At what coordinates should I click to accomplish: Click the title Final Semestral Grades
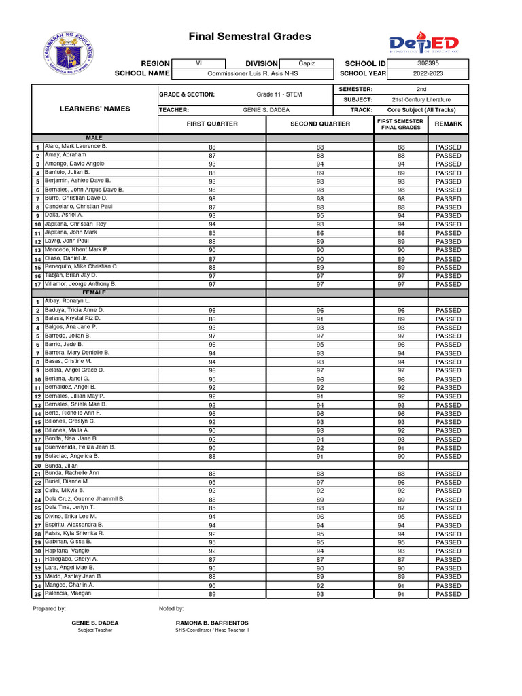[x=249, y=37]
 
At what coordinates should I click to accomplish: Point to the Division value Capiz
[x=307, y=63]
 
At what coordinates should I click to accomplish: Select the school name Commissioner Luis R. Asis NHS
[x=252, y=73]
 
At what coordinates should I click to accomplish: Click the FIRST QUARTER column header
[x=212, y=124]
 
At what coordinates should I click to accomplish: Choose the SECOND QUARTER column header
[x=320, y=124]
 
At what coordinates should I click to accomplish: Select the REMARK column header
[x=448, y=124]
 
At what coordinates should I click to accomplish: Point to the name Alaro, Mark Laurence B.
[x=75, y=146]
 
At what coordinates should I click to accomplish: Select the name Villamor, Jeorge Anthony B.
[x=80, y=284]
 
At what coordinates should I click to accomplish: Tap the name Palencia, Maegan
[x=67, y=593]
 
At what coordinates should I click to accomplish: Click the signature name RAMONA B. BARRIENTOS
[x=212, y=623]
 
